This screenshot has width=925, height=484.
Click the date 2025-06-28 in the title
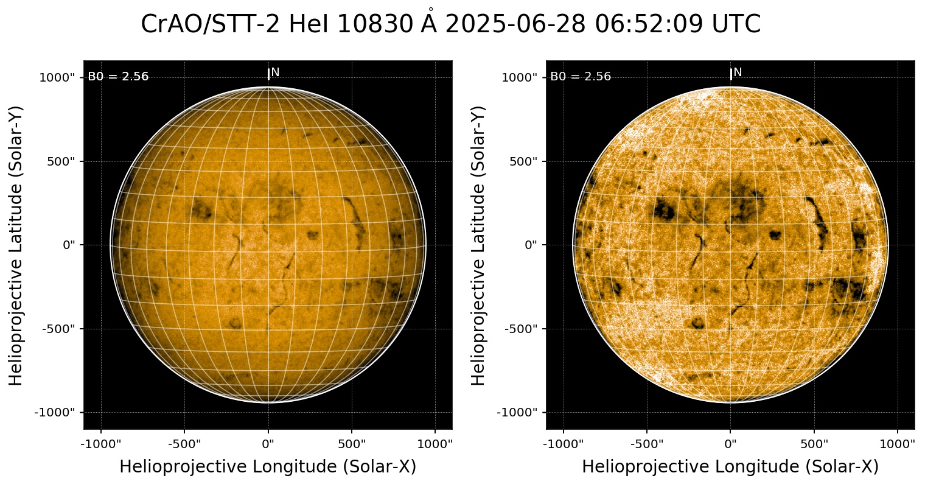tap(516, 24)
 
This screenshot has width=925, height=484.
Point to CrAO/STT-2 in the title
tap(211, 24)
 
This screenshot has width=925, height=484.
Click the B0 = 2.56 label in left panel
tap(118, 77)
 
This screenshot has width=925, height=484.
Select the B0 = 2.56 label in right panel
tap(581, 77)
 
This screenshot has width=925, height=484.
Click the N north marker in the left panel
tap(275, 72)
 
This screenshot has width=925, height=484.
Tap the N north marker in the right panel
tap(738, 72)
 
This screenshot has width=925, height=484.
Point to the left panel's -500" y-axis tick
tap(61, 329)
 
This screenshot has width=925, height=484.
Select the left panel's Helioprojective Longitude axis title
tap(268, 467)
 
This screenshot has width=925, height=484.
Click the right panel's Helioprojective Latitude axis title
tap(479, 245)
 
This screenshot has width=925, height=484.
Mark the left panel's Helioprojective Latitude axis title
tap(16, 245)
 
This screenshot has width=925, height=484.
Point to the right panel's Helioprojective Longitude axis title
tap(730, 467)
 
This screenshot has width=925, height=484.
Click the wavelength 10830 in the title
tap(365, 24)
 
